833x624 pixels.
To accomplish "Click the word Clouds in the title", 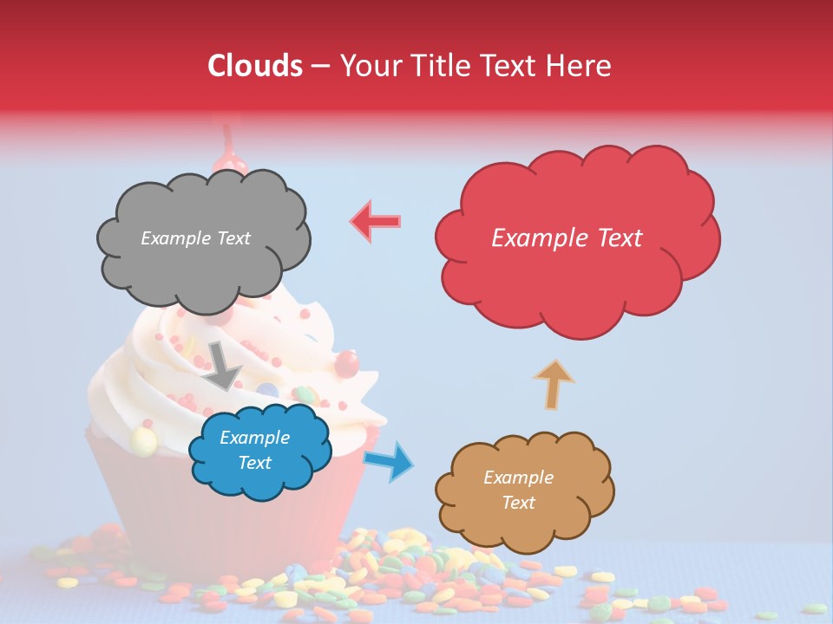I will (255, 66).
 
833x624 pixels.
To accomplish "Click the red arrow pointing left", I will (376, 221).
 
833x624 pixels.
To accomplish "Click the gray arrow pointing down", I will (223, 365).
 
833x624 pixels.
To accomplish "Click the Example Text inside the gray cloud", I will (195, 238).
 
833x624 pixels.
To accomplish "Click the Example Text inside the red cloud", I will (567, 238).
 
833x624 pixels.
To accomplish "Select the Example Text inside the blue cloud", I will (254, 451).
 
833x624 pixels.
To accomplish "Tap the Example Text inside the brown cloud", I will (518, 490).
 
